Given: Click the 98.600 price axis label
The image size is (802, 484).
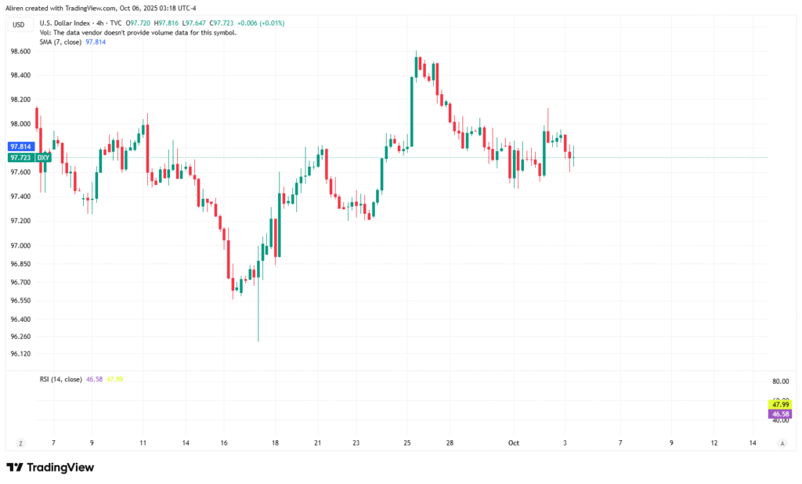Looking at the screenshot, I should (20, 51).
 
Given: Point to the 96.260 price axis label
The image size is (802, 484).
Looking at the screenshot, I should (20, 337).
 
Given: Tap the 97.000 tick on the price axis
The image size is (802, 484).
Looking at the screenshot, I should (20, 246).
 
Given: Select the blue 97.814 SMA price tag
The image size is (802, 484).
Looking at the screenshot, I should (20, 146).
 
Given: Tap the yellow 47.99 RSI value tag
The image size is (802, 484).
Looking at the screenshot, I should (779, 404).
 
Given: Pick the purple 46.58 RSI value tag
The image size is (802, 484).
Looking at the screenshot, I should (779, 414).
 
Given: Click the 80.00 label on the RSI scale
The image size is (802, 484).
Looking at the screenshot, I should (780, 381).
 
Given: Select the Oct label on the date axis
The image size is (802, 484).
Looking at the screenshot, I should (514, 443).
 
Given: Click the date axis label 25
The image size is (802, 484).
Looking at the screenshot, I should (407, 443).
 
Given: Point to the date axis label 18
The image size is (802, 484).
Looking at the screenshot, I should (275, 443).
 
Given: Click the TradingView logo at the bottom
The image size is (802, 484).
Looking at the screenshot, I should (50, 468).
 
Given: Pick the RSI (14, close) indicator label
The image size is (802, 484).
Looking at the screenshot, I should (61, 379).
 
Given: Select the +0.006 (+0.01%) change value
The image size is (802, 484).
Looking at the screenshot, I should (262, 23).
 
